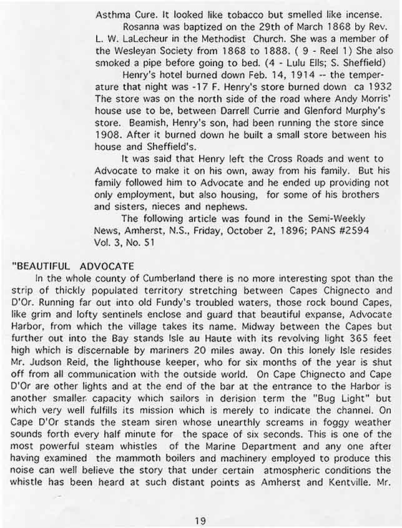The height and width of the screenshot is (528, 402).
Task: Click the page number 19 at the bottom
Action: (x=200, y=519)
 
